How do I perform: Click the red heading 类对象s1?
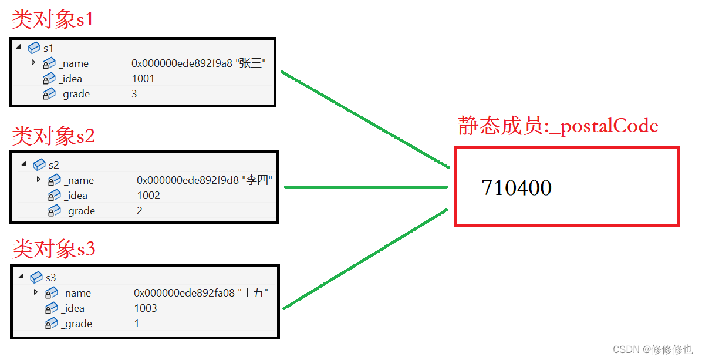53,20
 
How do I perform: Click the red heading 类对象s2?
53,136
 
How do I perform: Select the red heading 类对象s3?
53,249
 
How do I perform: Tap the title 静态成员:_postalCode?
558,126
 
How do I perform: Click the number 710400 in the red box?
517,188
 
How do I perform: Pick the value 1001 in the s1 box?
143,79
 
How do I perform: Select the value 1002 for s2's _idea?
148,196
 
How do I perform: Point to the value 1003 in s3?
146,308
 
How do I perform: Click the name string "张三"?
252,63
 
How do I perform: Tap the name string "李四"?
258,180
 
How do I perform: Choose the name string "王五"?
254,293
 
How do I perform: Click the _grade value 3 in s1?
134,94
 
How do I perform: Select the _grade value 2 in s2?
140,211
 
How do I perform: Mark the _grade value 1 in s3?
137,324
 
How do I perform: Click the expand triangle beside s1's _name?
33,62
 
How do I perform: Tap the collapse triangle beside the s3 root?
21,277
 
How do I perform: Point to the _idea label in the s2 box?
76,196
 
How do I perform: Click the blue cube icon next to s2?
39,164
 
